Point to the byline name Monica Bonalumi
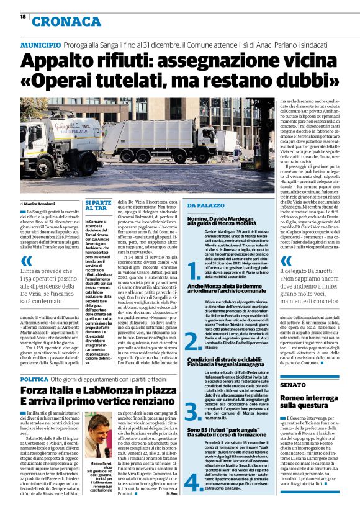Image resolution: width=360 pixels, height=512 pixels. click(42, 203)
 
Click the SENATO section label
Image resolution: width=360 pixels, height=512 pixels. click(293, 385)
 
